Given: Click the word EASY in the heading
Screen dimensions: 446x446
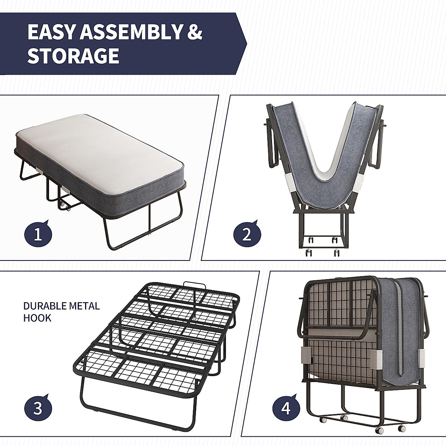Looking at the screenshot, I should [x=51, y=32].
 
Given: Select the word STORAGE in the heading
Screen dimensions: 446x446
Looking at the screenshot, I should [x=73, y=56].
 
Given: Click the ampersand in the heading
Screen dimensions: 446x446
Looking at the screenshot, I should [x=194, y=32].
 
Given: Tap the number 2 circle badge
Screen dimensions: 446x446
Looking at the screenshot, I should [x=247, y=235].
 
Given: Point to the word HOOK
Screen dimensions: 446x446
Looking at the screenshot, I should [x=37, y=318].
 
